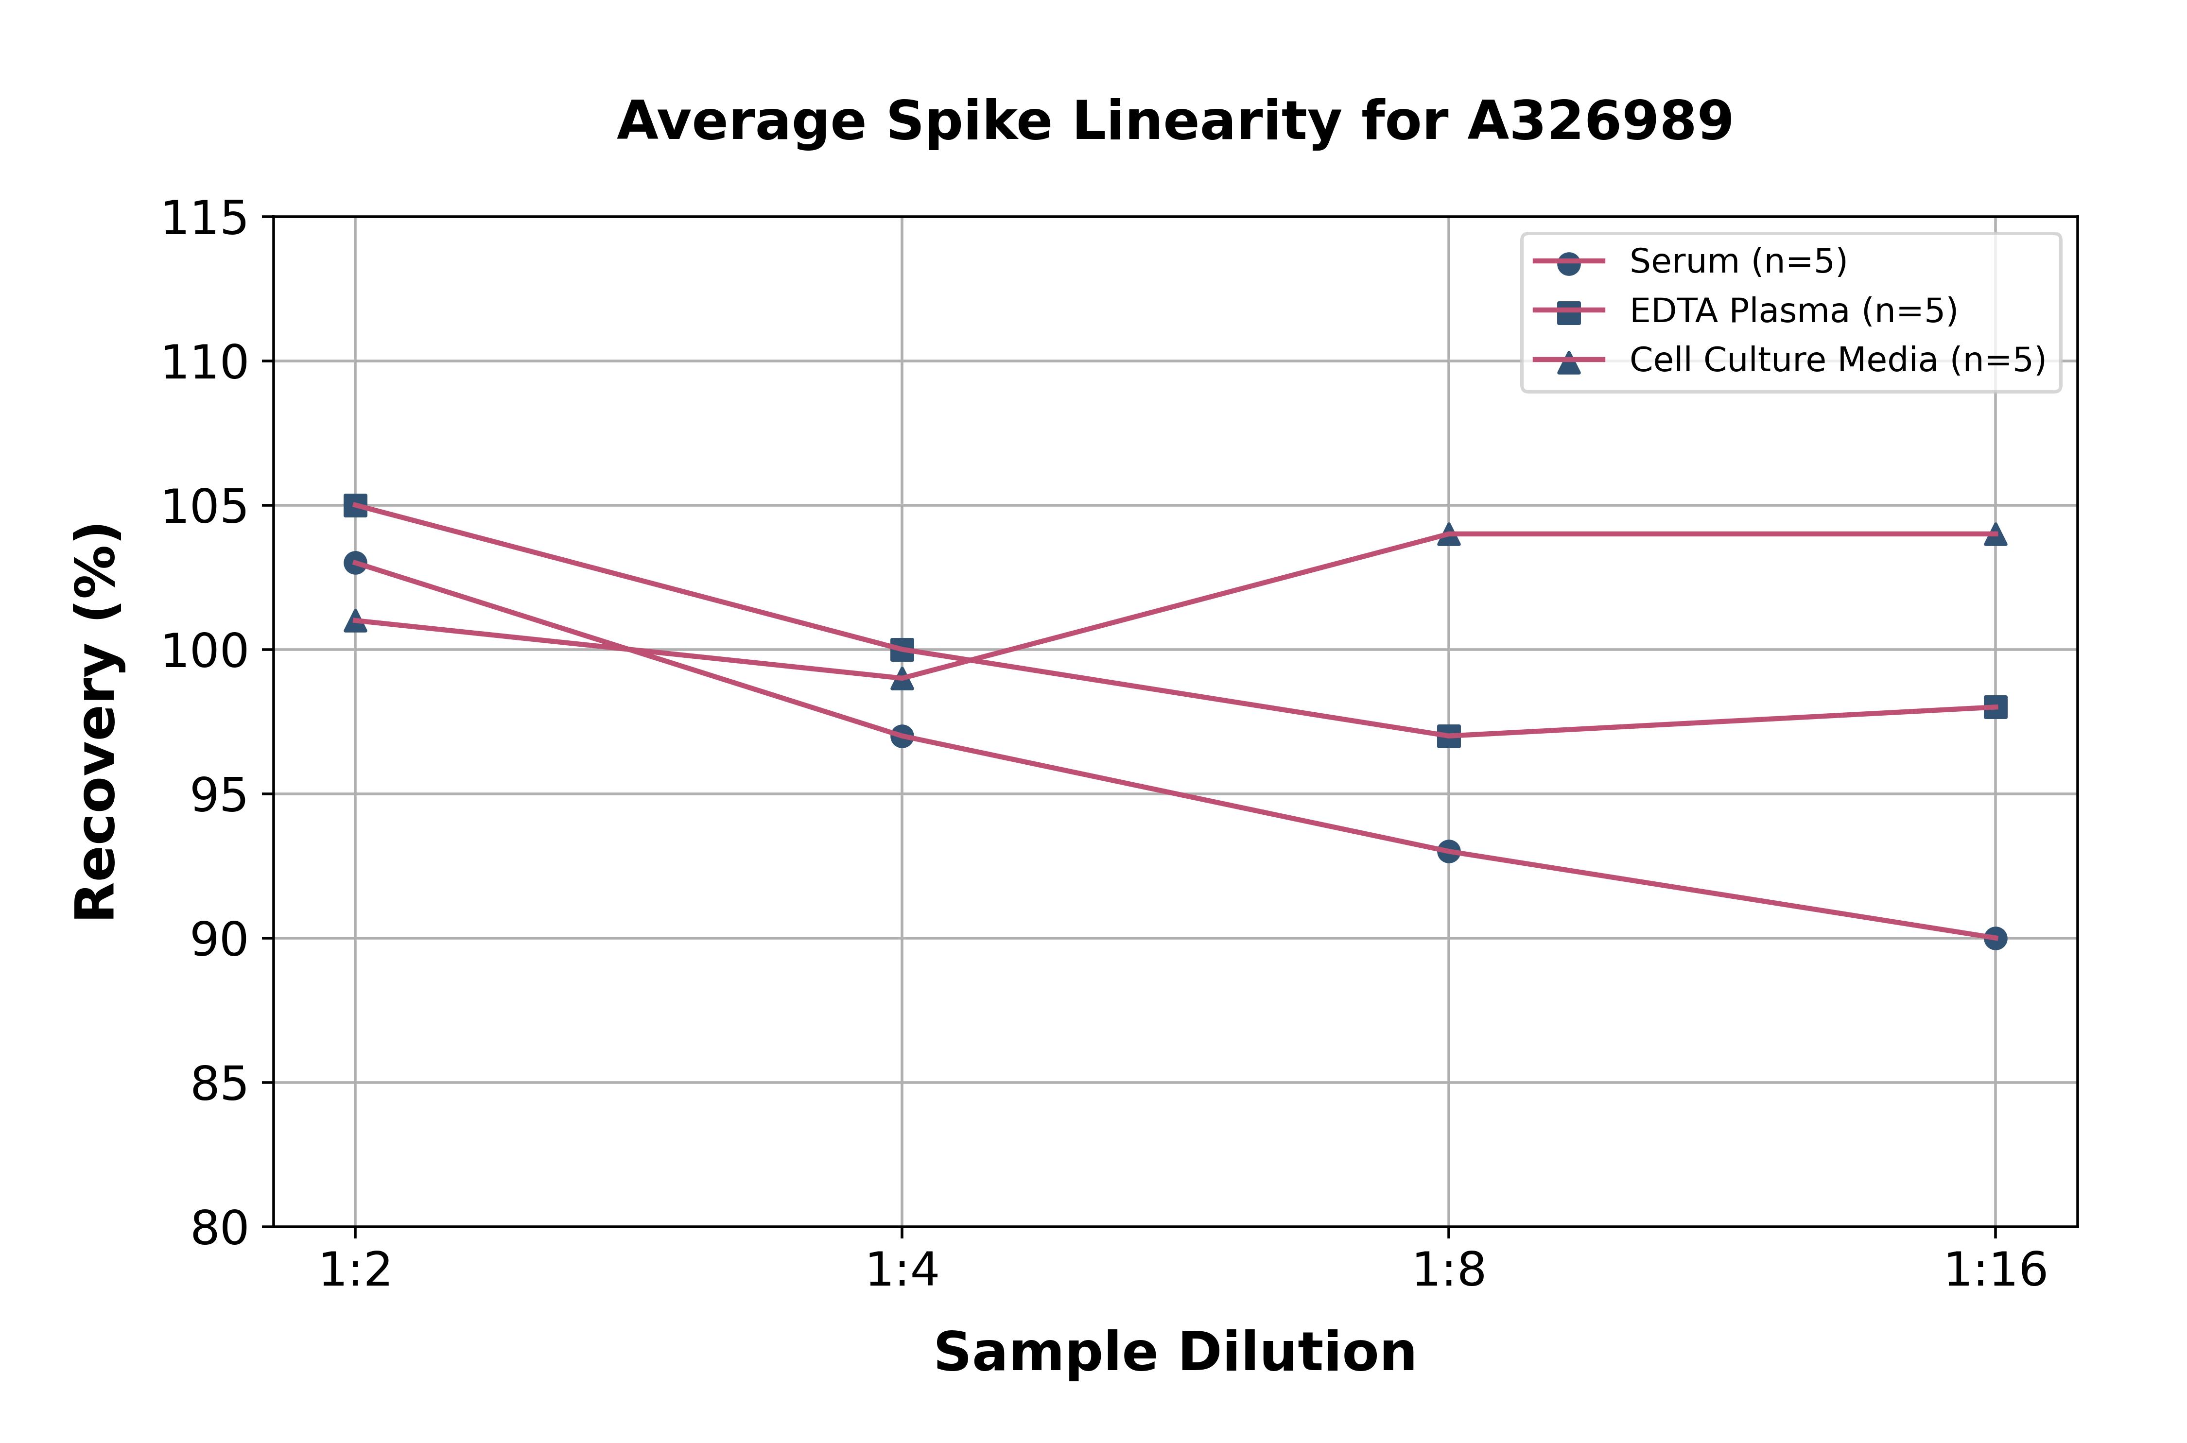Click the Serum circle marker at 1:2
pos(355,562)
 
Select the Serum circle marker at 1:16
pos(1995,938)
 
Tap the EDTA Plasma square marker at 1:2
pos(355,505)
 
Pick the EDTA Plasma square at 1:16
pos(1995,707)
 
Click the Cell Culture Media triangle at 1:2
pos(355,621)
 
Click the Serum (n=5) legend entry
pos(1737,261)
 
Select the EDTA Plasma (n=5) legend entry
pos(1792,311)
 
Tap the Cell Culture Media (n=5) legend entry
pos(1836,360)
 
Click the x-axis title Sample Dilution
pos(1175,1353)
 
